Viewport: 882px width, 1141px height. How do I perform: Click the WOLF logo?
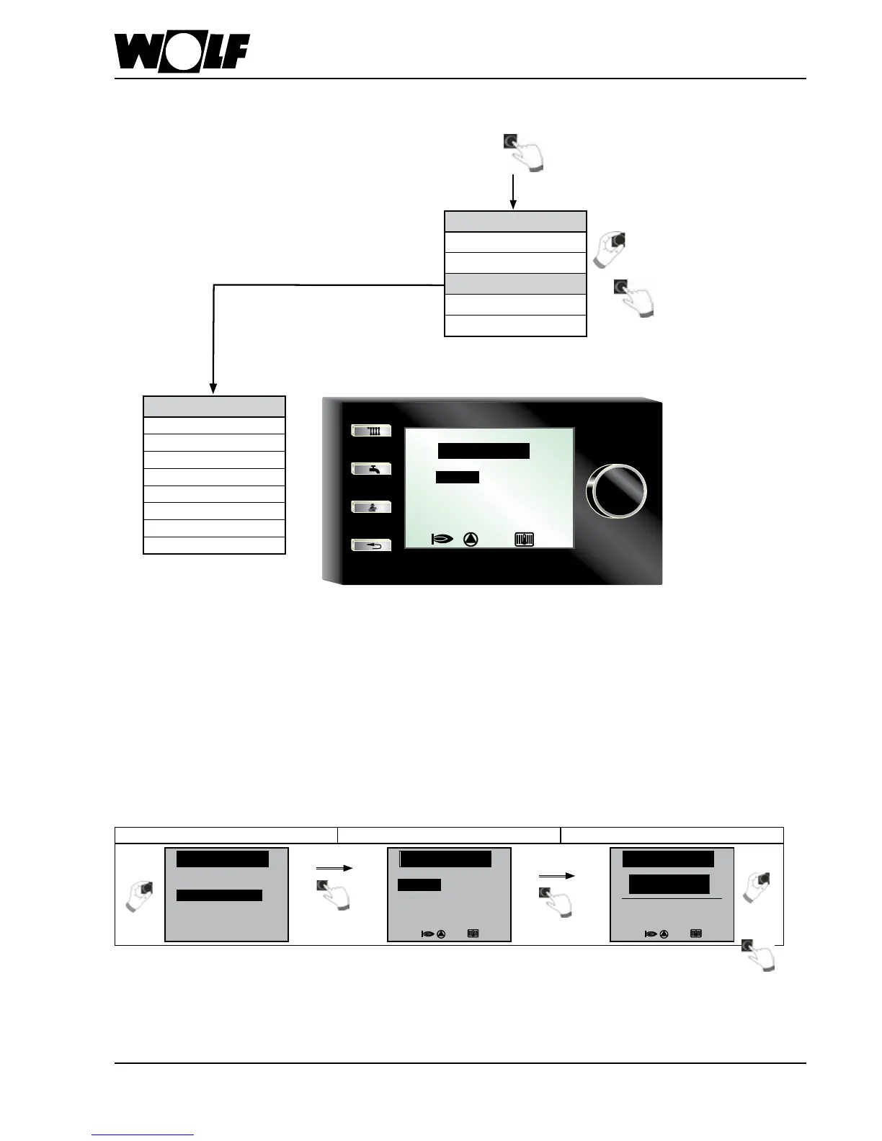(182, 53)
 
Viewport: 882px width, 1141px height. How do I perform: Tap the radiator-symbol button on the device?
(371, 431)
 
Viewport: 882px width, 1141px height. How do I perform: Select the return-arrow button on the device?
(371, 545)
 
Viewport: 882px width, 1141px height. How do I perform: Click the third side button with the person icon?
(371, 507)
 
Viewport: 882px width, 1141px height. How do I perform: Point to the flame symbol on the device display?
(440, 539)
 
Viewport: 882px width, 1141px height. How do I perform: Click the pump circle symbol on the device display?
(471, 539)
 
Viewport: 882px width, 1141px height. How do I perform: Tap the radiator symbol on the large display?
(525, 539)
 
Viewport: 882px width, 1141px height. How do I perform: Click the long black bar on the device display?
(484, 451)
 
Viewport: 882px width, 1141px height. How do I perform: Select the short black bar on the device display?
(458, 477)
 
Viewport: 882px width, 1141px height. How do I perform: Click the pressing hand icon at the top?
(523, 152)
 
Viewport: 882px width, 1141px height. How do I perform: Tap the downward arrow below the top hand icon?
(512, 192)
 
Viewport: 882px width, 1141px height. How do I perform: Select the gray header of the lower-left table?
(214, 406)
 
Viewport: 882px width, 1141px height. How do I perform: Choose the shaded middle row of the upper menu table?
(515, 284)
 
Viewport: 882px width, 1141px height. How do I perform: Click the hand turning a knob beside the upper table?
(610, 249)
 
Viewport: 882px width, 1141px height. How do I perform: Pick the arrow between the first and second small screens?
(334, 869)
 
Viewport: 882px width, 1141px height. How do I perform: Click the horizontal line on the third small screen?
(672, 899)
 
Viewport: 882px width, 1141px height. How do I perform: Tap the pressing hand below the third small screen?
(759, 955)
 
